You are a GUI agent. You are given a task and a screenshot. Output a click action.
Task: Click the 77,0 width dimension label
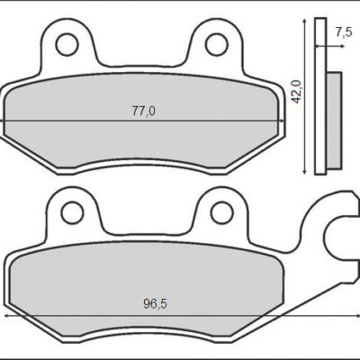point(145,111)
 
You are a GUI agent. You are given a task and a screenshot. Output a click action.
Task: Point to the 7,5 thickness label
point(343,32)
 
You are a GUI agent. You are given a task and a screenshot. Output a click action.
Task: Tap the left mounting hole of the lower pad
point(68,211)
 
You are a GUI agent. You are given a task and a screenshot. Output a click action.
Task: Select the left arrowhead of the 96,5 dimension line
point(7,317)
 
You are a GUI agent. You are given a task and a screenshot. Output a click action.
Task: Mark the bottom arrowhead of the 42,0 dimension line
point(310,170)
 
